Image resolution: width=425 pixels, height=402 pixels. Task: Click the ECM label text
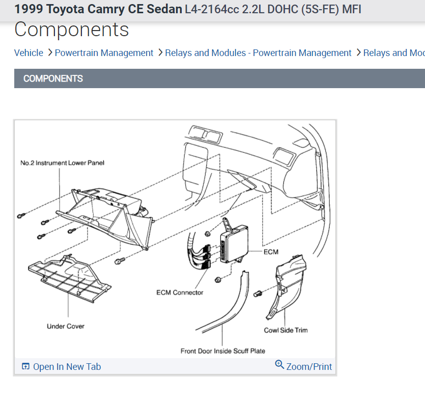pos(271,252)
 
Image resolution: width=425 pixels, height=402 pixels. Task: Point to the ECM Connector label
pos(180,292)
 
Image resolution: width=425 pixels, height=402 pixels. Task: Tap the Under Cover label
pos(66,326)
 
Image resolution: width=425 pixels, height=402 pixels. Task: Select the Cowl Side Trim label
pos(286,330)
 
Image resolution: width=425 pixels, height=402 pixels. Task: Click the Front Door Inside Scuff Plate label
pos(223,351)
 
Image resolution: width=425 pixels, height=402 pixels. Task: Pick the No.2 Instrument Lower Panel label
pos(62,163)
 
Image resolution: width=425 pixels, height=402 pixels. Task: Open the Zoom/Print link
pos(309,366)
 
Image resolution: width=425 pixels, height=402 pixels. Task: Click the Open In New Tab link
pos(67,366)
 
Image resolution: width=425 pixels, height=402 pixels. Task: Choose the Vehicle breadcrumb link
pos(29,53)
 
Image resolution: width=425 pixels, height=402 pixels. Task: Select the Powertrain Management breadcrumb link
pos(104,53)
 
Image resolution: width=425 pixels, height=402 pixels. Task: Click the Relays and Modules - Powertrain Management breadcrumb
pos(258,53)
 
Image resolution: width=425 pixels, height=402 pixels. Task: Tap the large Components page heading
pos(71,30)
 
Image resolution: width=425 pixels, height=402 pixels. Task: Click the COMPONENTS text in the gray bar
pos(53,78)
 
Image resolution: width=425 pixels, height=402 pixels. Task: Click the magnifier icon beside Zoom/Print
pos(279,364)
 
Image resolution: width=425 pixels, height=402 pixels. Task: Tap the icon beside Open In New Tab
pos(26,366)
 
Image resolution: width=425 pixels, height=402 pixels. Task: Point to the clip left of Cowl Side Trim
pos(257,293)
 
